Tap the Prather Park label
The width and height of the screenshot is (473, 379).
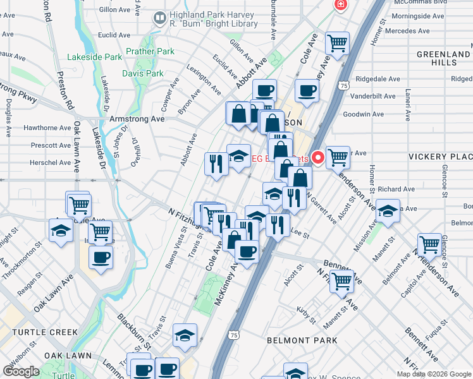click(x=149, y=51)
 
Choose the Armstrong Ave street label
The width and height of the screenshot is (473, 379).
click(x=137, y=119)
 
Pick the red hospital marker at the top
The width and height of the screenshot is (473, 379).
click(x=341, y=5)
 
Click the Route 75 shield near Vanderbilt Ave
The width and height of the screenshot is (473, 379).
click(x=343, y=85)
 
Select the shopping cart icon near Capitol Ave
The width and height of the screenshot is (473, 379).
click(x=429, y=244)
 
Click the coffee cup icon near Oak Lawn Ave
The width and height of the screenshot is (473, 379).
click(x=101, y=258)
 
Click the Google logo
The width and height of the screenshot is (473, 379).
click(x=21, y=371)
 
